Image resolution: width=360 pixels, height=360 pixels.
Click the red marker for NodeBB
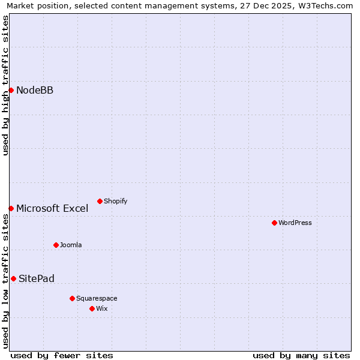point(11,90)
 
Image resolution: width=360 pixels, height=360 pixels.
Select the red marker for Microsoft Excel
point(11,208)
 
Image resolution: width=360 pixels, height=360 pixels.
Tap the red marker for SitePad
point(13,278)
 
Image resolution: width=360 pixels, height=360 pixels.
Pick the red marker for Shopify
point(100,201)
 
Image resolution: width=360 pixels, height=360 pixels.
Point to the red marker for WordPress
point(274,223)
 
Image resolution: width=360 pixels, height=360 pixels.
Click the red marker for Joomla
point(56,245)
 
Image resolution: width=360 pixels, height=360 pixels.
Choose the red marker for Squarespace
point(72,298)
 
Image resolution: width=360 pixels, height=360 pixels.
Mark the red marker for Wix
point(92,308)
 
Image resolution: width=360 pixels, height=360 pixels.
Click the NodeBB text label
point(35,90)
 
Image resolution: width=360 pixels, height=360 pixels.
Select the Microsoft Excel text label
point(52,208)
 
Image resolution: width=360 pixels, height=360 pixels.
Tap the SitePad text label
point(37,278)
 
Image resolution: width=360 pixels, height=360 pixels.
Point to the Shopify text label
point(116,201)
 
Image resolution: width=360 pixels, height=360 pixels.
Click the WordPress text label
point(295,223)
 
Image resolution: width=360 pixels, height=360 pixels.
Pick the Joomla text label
point(71,245)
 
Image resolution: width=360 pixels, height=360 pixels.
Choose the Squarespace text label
point(97,298)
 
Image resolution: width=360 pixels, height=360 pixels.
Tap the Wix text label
point(102,308)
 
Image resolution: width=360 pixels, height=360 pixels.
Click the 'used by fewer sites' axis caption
point(62,355)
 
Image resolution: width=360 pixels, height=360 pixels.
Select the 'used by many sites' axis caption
point(301,355)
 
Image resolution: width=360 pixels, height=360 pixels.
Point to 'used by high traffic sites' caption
point(5,85)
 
